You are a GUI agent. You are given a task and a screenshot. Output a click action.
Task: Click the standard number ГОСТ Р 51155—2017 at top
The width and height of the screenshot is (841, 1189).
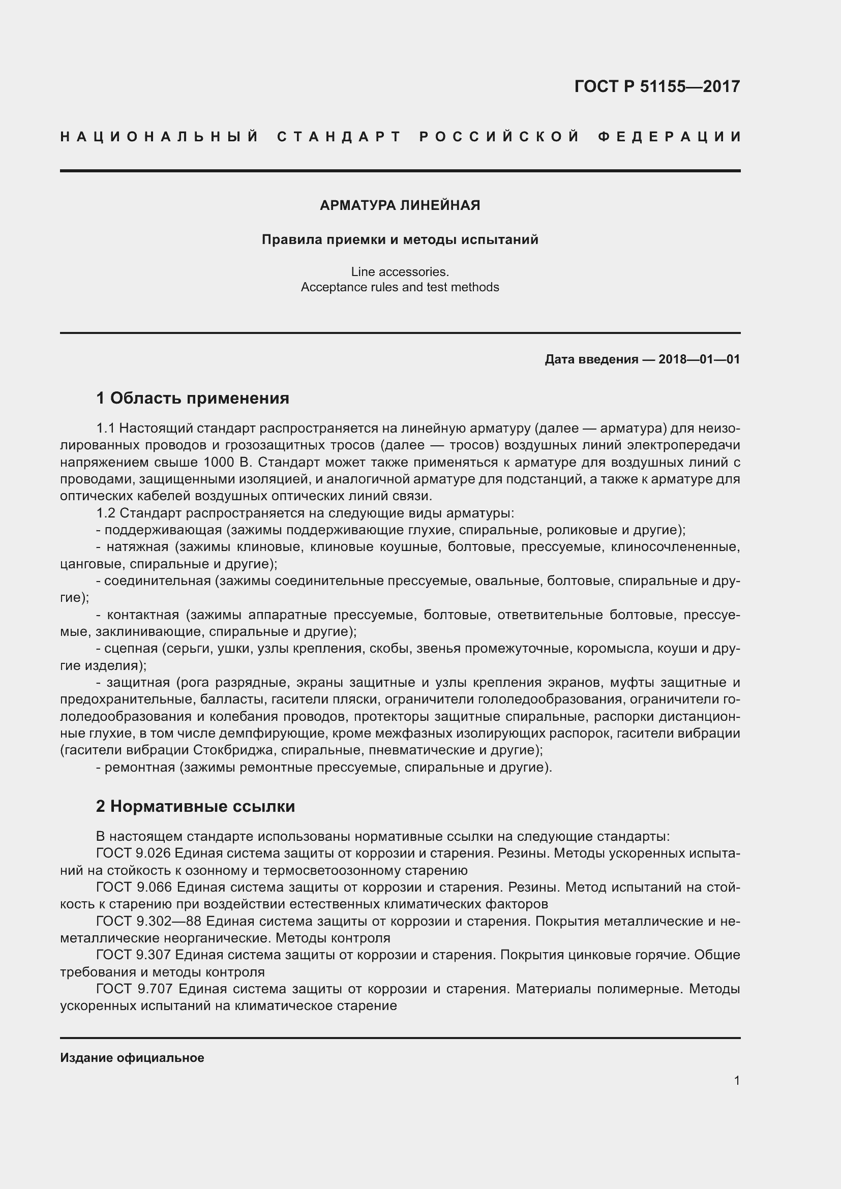click(656, 86)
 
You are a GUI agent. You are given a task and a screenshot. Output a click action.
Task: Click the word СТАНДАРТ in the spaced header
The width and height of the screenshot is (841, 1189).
click(339, 137)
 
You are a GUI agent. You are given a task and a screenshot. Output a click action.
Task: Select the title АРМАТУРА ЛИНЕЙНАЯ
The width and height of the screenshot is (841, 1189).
click(400, 205)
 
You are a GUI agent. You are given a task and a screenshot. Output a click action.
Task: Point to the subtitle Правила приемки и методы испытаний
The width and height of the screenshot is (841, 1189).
click(400, 240)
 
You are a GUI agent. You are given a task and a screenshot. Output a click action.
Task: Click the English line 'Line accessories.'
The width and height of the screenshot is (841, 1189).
click(400, 272)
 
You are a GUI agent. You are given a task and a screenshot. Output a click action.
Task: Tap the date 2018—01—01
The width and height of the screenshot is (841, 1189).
click(699, 359)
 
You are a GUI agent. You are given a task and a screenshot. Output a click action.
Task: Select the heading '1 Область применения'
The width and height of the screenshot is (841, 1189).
click(193, 398)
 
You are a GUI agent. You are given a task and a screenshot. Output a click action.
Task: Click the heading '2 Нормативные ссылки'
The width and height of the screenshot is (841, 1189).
click(195, 806)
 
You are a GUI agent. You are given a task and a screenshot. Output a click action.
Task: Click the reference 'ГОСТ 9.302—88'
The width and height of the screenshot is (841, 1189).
click(148, 921)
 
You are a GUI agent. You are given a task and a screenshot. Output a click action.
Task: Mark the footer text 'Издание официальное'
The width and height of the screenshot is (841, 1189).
click(132, 1058)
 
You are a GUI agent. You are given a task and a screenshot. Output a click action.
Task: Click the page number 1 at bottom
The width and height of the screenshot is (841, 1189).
click(736, 1081)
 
